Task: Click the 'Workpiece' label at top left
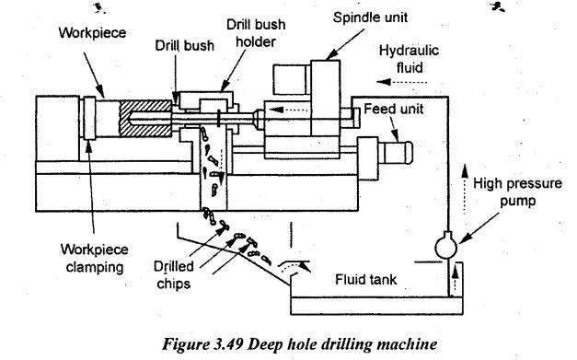[x=92, y=33]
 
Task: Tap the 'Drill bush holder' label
[x=256, y=33]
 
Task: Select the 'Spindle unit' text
[x=370, y=17]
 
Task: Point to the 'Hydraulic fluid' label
[x=409, y=59]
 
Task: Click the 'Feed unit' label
[x=393, y=109]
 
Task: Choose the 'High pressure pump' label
[x=517, y=192]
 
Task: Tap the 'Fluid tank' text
[x=365, y=279]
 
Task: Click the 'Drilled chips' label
[x=173, y=275]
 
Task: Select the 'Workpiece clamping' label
[x=95, y=258]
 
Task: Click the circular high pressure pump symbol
[x=446, y=247]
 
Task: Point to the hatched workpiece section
[x=145, y=119]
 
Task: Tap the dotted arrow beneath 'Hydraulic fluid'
[x=401, y=82]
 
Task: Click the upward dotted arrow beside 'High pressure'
[x=465, y=189]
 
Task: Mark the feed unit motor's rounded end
[x=409, y=153]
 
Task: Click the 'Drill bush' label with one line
[x=184, y=46]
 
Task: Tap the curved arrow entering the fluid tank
[x=294, y=266]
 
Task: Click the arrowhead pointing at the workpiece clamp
[x=88, y=144]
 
